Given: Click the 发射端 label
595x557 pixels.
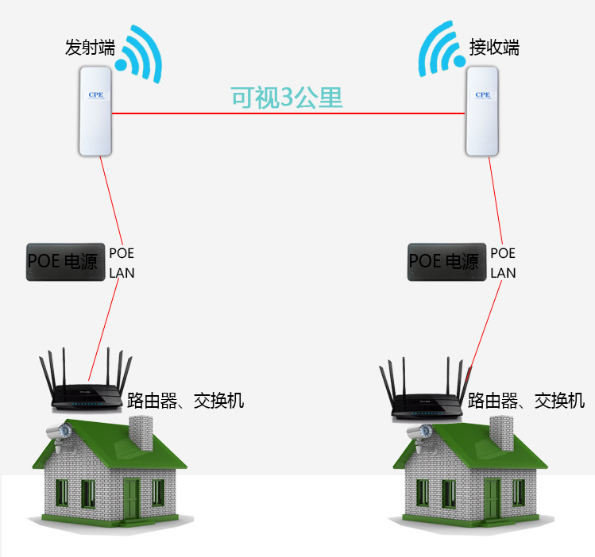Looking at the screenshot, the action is click(88, 48).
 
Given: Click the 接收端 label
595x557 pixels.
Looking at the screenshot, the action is click(493, 48).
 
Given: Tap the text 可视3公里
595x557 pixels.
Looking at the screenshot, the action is click(286, 98).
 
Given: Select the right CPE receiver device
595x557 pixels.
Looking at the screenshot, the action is click(481, 111).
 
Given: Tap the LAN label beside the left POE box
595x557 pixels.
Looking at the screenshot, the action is click(122, 273).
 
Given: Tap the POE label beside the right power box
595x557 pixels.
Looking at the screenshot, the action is click(503, 253).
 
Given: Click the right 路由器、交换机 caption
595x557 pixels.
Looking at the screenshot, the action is click(526, 400).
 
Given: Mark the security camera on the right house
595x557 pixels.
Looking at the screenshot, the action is click(417, 433).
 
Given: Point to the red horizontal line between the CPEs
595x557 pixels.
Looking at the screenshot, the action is click(199, 113).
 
